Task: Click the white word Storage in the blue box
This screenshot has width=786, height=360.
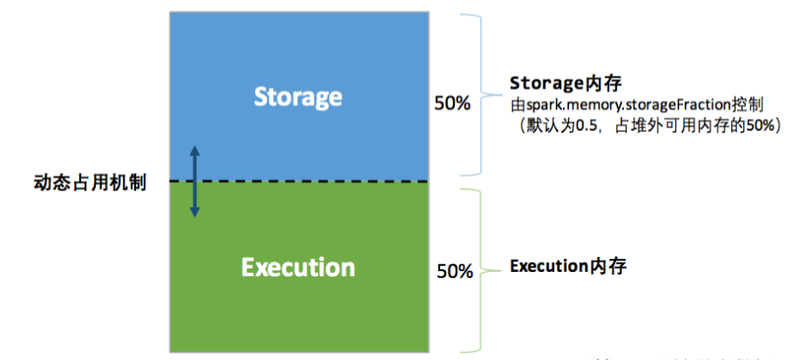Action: click(297, 96)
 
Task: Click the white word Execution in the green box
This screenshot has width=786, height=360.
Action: click(297, 266)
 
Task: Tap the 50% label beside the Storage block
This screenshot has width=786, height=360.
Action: click(452, 104)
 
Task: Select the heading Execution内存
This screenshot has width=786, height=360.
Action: click(567, 266)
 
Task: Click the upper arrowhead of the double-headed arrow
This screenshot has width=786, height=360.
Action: click(194, 152)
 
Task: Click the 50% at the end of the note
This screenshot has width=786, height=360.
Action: click(757, 126)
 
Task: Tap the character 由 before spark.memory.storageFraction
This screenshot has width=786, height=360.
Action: click(517, 105)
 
